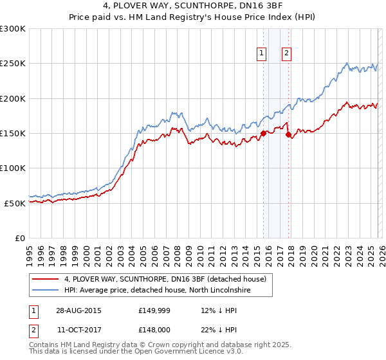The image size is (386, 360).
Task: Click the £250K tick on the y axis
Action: [x=13, y=64]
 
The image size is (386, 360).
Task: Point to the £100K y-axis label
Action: [x=13, y=168]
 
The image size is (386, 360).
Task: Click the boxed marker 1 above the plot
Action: [x=262, y=54]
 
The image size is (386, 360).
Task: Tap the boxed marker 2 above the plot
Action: [x=286, y=54]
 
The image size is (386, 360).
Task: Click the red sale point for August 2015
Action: [x=263, y=134]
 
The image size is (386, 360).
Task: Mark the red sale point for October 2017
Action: [x=288, y=135]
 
